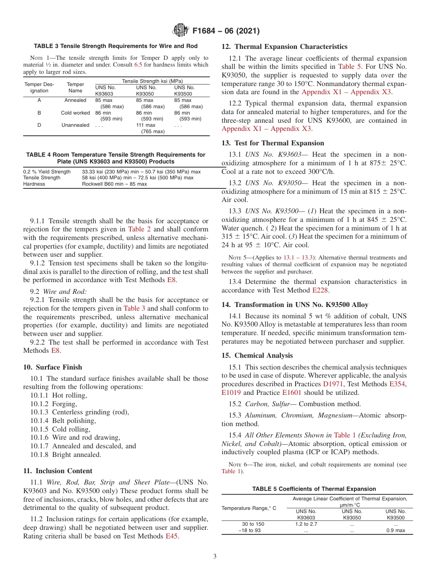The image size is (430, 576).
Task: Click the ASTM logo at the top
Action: click(x=181, y=31)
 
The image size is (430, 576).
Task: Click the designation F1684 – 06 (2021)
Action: click(x=226, y=31)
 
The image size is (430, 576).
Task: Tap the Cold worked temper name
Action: click(x=76, y=113)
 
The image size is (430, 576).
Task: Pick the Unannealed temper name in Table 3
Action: click(x=76, y=125)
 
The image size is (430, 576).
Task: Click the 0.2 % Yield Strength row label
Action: click(x=47, y=172)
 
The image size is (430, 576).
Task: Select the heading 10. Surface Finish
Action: click(x=53, y=367)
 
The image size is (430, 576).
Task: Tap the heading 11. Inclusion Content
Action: click(x=57, y=471)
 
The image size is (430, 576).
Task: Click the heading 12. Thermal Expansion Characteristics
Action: click(x=284, y=47)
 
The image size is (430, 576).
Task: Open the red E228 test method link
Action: click(x=320, y=290)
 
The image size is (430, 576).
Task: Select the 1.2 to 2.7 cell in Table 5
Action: click(x=306, y=524)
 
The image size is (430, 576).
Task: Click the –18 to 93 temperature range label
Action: click(x=249, y=530)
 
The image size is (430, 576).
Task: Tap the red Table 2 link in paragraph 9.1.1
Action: click(x=139, y=230)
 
